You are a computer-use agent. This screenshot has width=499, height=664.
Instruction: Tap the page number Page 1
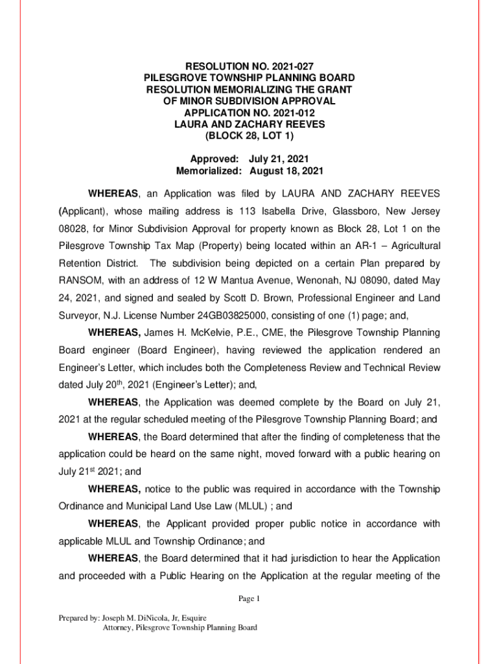click(249, 599)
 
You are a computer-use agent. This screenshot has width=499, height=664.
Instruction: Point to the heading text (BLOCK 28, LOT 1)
click(250, 136)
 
